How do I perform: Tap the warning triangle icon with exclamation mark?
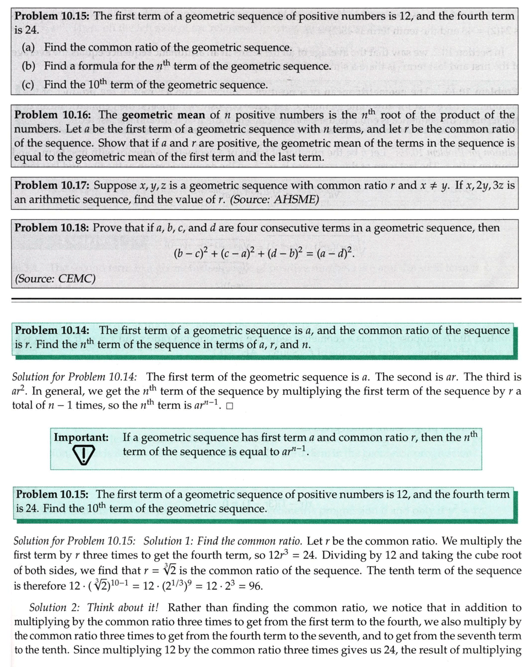(83, 454)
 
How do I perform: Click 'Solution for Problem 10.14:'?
(75, 377)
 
